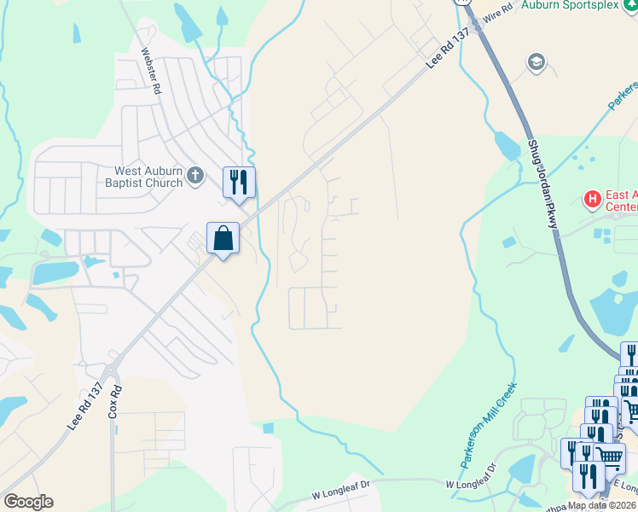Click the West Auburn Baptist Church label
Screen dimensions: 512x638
pyautogui.click(x=144, y=177)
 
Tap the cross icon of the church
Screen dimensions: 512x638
pyautogui.click(x=195, y=177)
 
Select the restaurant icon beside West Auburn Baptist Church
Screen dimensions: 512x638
pyautogui.click(x=239, y=182)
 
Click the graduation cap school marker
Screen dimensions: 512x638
pyautogui.click(x=536, y=61)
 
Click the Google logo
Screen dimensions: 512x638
pyautogui.click(x=29, y=502)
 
